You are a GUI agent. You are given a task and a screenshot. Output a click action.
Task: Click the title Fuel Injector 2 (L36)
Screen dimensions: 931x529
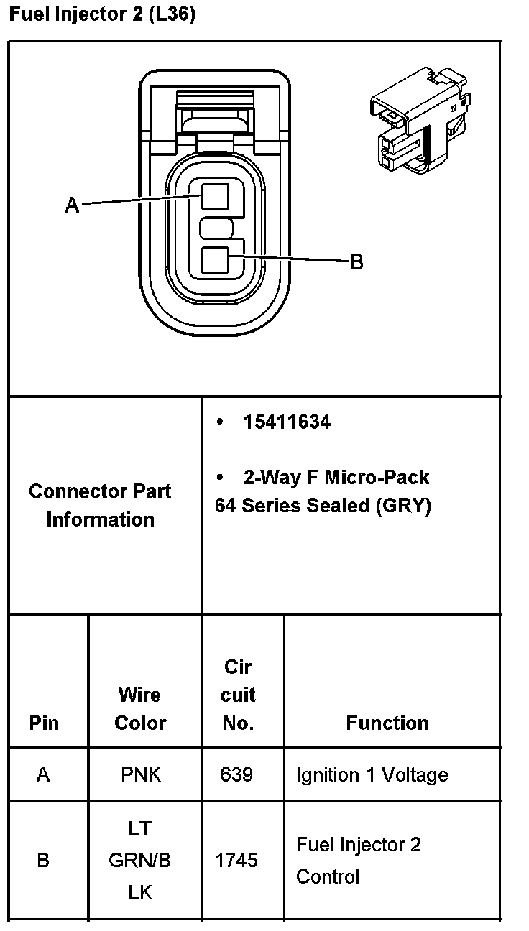(x=101, y=14)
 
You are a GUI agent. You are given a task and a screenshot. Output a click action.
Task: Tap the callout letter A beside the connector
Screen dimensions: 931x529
(x=72, y=205)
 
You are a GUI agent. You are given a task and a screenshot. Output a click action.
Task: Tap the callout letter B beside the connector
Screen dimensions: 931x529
(x=356, y=262)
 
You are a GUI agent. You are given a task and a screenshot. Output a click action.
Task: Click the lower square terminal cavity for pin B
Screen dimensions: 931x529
(x=215, y=259)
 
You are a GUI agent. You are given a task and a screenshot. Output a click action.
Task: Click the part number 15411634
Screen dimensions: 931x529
(x=287, y=422)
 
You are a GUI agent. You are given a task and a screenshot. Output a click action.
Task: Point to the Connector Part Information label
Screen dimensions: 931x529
(x=100, y=505)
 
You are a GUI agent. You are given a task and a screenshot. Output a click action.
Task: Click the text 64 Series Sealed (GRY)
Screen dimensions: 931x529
(x=323, y=506)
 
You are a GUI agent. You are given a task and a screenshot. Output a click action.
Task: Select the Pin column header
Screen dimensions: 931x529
(x=45, y=723)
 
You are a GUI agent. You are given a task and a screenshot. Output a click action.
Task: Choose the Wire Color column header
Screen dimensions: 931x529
(x=140, y=709)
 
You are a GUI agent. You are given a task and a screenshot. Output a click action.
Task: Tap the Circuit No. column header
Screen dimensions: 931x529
(x=238, y=695)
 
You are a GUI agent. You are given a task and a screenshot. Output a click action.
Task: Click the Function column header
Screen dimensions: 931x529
(x=387, y=723)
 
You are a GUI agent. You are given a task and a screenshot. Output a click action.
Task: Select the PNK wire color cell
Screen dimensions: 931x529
(x=141, y=775)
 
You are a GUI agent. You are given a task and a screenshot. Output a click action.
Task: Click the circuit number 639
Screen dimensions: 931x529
(x=236, y=775)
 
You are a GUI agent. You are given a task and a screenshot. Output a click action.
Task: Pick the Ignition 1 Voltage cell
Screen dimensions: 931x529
(x=372, y=775)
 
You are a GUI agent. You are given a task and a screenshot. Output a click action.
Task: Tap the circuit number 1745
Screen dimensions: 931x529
(x=236, y=860)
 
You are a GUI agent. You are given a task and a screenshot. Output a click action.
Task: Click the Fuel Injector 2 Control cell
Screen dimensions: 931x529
(x=358, y=860)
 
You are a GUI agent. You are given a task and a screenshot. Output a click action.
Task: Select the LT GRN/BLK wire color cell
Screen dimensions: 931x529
(x=140, y=860)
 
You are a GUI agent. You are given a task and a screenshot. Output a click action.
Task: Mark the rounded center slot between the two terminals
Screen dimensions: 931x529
(x=216, y=229)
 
